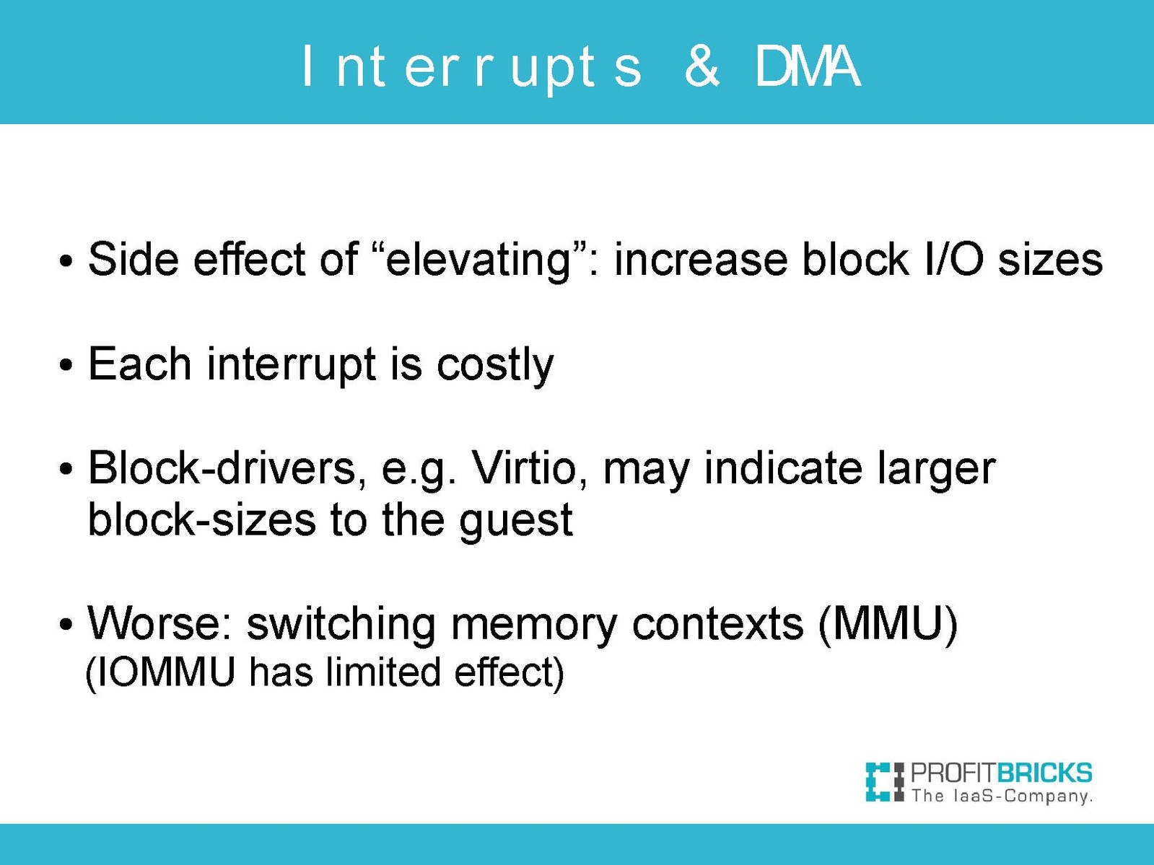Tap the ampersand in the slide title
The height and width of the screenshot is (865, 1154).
701,66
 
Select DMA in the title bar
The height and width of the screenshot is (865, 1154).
808,66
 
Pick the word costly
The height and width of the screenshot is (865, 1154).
494,365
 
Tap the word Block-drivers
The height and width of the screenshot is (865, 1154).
227,467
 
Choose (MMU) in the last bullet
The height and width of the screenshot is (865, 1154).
888,624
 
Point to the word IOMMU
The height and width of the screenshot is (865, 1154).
165,672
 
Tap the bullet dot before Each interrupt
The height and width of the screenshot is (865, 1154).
66,365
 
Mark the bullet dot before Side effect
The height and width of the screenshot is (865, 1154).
66,260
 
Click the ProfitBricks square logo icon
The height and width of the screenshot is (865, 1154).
885,782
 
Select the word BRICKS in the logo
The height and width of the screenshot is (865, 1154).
1044,773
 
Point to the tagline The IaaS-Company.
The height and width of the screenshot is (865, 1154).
1002,796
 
